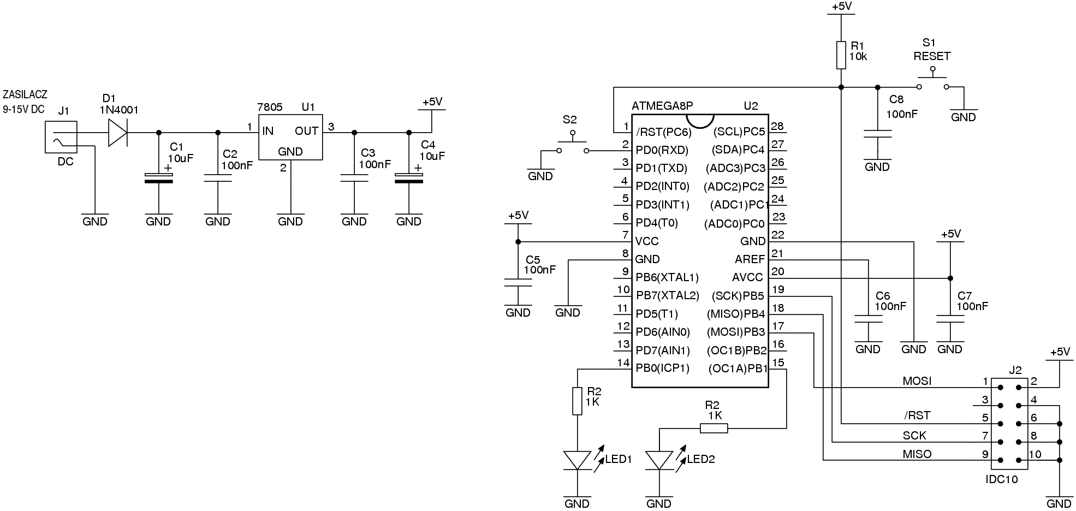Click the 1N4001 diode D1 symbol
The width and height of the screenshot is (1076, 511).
(x=118, y=133)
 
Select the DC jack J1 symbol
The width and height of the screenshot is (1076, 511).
(x=61, y=137)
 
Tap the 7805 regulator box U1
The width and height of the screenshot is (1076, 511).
(x=290, y=137)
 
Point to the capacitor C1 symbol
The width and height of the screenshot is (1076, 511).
(x=158, y=178)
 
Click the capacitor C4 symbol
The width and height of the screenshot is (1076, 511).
(x=409, y=178)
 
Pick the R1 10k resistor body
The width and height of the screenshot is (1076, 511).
(x=841, y=55)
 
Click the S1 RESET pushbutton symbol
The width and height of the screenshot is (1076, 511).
(x=932, y=82)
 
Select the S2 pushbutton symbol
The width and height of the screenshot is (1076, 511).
(x=572, y=145)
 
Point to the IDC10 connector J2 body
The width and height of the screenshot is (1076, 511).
(x=1009, y=424)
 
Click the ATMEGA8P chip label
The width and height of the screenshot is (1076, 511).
(x=662, y=106)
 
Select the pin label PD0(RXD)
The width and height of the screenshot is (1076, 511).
(x=662, y=150)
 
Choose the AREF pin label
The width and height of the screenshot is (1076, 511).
(x=750, y=259)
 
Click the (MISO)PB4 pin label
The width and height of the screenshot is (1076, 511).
(x=736, y=314)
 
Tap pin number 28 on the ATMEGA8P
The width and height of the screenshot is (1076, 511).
(x=777, y=126)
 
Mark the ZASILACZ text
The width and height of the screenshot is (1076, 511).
(x=25, y=94)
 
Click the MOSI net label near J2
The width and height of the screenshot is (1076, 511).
(x=917, y=381)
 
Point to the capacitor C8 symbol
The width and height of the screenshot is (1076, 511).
(x=877, y=134)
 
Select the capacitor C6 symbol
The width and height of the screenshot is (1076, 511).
(x=868, y=319)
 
